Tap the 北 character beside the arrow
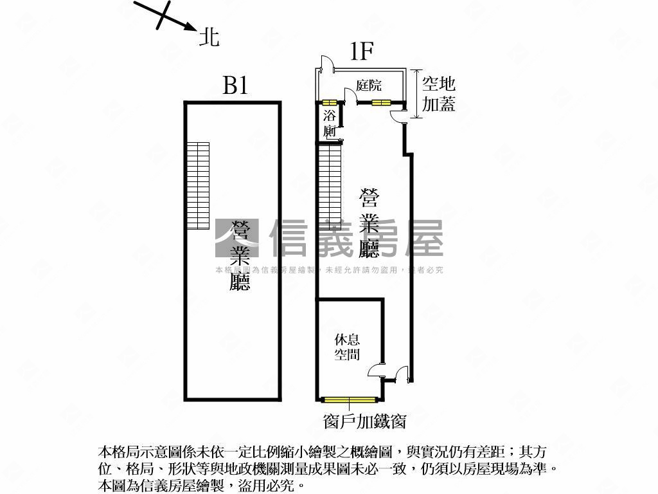[209, 37]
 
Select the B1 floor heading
[235, 86]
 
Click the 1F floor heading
[362, 51]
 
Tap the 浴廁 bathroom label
[330, 124]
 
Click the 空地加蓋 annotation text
[438, 93]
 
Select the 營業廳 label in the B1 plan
[240, 256]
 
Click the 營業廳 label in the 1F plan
[369, 222]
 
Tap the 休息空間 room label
[347, 347]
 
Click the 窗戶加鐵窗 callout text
[364, 421]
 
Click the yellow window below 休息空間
[349, 399]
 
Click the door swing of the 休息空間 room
[375, 370]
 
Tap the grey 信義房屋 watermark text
[357, 238]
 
